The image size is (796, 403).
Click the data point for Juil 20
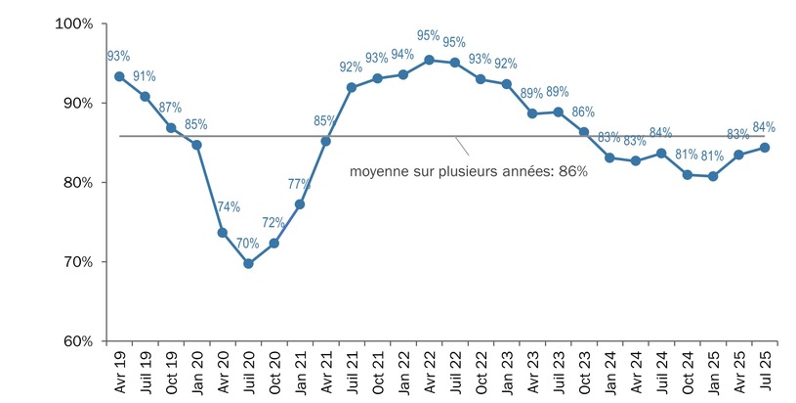pyautogui.click(x=248, y=263)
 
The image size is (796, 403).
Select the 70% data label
pyautogui.click(x=247, y=244)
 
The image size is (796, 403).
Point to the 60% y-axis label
pyautogui.click(x=76, y=341)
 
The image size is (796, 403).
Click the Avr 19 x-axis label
pyautogui.click(x=120, y=374)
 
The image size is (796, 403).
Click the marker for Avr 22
pyautogui.click(x=429, y=60)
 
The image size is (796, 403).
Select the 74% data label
pyautogui.click(x=228, y=207)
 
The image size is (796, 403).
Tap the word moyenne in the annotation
pyautogui.click(x=377, y=171)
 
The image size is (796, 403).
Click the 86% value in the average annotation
pyautogui.click(x=572, y=171)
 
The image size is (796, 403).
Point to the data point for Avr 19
pyautogui.click(x=119, y=76)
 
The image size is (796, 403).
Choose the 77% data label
pyautogui.click(x=299, y=184)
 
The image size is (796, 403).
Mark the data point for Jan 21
pyautogui.click(x=300, y=204)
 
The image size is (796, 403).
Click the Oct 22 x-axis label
pyautogui.click(x=482, y=374)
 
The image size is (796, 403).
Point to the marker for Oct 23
pyautogui.click(x=584, y=132)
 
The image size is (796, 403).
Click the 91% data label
pyautogui.click(x=145, y=76)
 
